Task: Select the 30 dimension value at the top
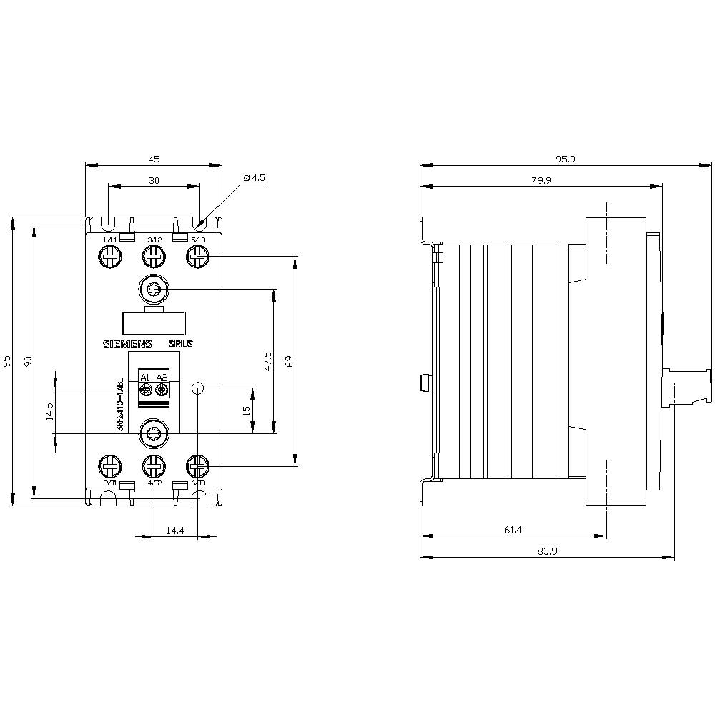(154, 181)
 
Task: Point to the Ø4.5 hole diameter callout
(254, 177)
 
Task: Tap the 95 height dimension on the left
(8, 361)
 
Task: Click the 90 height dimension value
(29, 361)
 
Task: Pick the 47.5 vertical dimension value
(268, 361)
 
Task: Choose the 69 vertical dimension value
(290, 361)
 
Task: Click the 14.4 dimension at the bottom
(175, 530)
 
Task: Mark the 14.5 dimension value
(49, 412)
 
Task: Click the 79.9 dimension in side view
(541, 181)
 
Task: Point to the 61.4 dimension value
(513, 530)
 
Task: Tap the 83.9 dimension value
(546, 551)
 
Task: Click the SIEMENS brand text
(129, 344)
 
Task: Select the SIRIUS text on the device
(181, 344)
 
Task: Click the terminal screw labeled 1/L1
(110, 256)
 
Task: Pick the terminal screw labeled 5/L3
(197, 256)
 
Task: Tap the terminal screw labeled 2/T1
(110, 468)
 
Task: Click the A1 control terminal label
(144, 378)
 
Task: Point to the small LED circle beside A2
(199, 388)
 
